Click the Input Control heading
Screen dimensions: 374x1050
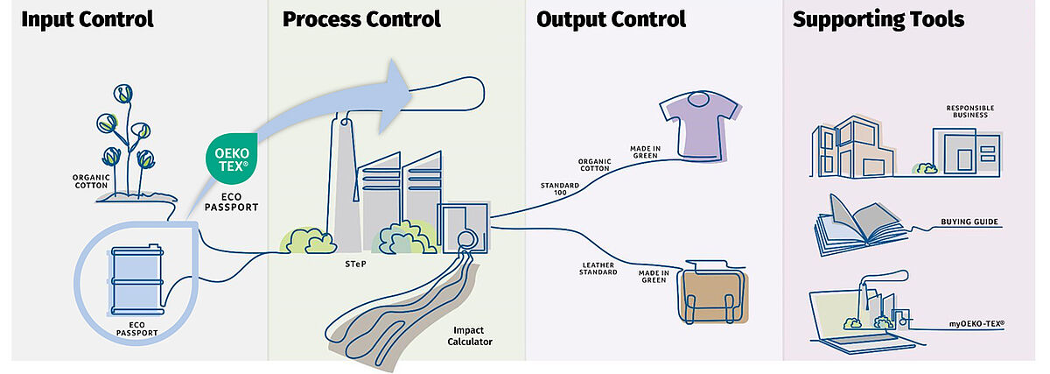[x=87, y=19]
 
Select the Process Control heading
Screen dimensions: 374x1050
[x=361, y=19]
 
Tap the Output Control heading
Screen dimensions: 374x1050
[x=611, y=19]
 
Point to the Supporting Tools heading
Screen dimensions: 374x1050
[x=878, y=19]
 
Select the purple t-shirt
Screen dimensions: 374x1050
[x=700, y=127]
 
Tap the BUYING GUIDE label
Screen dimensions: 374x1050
[x=970, y=222]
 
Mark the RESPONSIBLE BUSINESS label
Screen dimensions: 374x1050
[x=970, y=111]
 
